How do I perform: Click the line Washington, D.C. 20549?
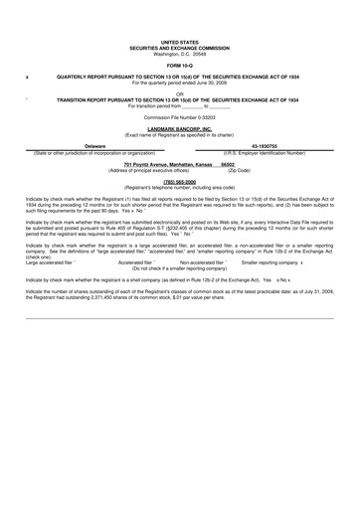pyautogui.click(x=180, y=54)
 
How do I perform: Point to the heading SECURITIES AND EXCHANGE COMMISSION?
pyautogui.click(x=180, y=48)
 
